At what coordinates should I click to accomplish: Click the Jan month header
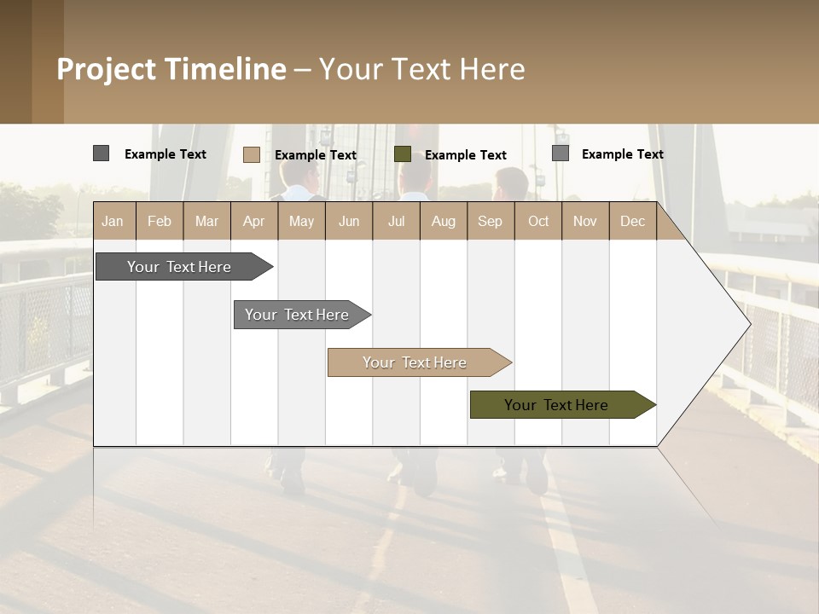(x=113, y=221)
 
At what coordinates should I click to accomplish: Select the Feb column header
(x=160, y=221)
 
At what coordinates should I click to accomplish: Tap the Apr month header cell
(x=253, y=221)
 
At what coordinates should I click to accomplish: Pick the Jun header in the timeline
(x=349, y=221)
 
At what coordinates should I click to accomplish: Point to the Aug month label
(x=443, y=221)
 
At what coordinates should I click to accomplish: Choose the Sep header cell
(x=490, y=221)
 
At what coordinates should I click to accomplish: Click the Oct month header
(x=538, y=221)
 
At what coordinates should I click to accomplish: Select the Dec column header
(x=632, y=221)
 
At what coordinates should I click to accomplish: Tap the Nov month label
(x=585, y=221)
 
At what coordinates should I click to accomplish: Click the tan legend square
(x=252, y=154)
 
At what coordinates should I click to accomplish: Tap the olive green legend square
(x=403, y=154)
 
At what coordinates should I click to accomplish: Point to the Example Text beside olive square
(x=466, y=155)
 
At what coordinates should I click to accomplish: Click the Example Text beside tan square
(x=316, y=155)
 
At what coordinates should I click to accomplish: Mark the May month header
(x=301, y=221)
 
